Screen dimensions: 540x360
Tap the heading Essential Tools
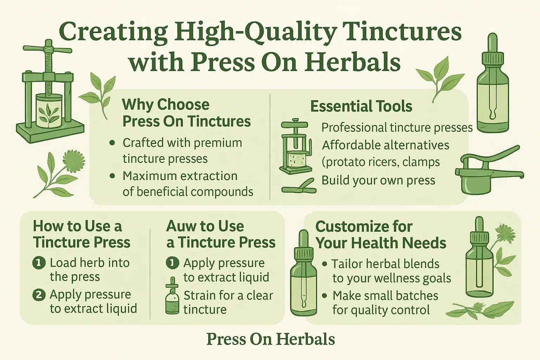coord(361,106)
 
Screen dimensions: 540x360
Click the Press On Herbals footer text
coord(270,339)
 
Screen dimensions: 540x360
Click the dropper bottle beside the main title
coord(493,83)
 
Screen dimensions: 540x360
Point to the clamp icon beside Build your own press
coord(299,186)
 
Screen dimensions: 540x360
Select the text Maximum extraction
coord(180,176)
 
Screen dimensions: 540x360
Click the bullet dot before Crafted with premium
coord(112,143)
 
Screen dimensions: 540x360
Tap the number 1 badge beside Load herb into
coord(39,263)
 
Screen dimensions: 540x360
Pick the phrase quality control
coord(390,310)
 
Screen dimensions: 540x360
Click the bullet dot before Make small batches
coord(325,296)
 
